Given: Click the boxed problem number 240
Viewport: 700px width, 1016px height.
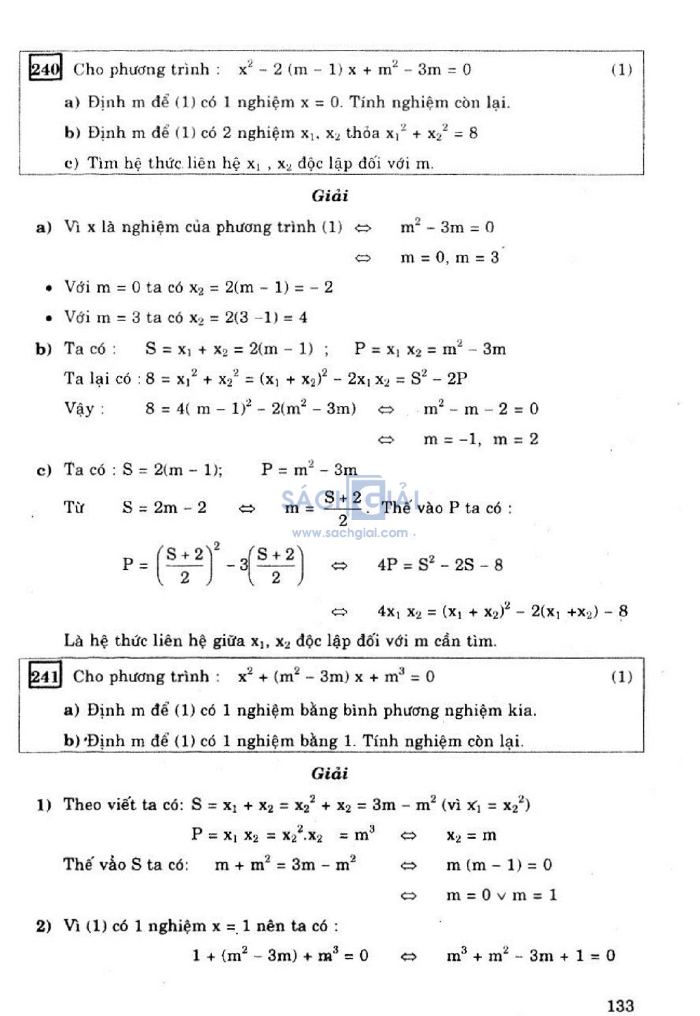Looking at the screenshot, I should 45,68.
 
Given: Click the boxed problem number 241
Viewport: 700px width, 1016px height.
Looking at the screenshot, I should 45,676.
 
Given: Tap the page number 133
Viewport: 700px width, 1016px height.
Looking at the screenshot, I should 620,1005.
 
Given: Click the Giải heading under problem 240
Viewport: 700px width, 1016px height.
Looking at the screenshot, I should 330,195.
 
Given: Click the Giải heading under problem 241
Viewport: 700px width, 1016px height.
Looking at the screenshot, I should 330,773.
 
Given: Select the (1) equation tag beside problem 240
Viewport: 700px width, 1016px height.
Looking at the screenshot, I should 621,69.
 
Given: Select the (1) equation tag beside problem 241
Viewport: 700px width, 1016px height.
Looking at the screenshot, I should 621,676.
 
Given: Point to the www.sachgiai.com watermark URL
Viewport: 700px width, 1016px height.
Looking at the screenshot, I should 349,533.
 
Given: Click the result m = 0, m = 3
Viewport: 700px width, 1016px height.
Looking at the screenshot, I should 449,258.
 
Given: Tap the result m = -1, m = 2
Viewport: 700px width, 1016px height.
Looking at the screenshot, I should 481,439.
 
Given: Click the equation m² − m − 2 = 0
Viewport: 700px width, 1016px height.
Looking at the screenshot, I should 481,409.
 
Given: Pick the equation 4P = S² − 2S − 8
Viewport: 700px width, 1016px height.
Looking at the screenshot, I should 440,565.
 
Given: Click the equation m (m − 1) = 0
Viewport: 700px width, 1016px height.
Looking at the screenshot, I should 498,865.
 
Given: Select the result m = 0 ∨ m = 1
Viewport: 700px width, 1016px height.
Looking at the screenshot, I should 501,895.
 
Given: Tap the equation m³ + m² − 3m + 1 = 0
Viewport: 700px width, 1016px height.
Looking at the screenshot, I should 530,955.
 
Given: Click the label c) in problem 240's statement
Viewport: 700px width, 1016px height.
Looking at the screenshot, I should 71,163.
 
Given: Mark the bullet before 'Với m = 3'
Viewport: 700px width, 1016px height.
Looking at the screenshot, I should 49,318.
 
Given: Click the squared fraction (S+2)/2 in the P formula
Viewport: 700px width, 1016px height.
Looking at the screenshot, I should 185,566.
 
